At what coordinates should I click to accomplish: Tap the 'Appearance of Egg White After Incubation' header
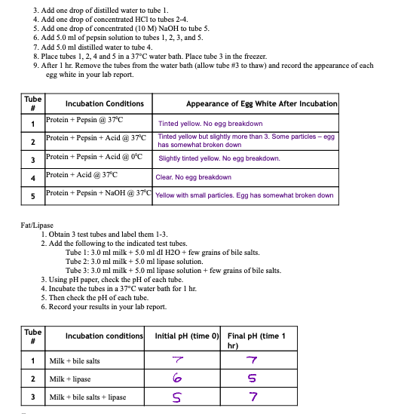(x=262, y=103)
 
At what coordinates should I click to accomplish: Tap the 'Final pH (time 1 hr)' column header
(x=255, y=339)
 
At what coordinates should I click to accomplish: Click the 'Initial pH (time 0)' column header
(x=185, y=336)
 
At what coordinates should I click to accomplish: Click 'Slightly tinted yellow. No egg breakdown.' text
(x=219, y=158)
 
